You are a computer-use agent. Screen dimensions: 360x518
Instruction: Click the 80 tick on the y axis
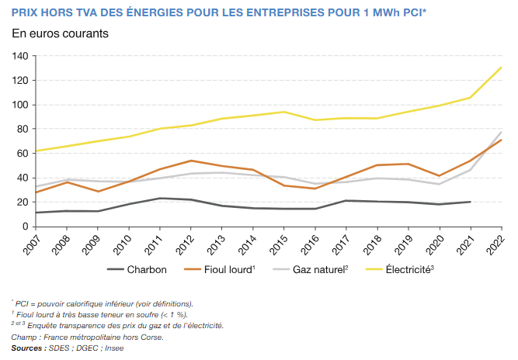(23, 130)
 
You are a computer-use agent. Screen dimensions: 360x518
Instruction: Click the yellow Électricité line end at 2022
(502, 67)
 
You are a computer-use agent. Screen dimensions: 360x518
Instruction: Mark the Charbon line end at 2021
(471, 202)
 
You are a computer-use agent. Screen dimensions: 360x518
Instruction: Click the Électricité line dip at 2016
(315, 119)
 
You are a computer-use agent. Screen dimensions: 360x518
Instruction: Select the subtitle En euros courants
(60, 34)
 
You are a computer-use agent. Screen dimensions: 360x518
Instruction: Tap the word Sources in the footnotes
(27, 348)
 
